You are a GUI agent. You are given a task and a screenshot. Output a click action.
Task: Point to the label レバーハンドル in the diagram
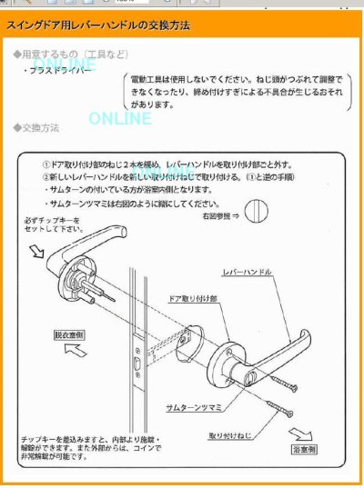point(247,272)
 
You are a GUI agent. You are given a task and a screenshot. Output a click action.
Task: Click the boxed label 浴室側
point(302,449)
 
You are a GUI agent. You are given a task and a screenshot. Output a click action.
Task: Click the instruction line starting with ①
point(168,165)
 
